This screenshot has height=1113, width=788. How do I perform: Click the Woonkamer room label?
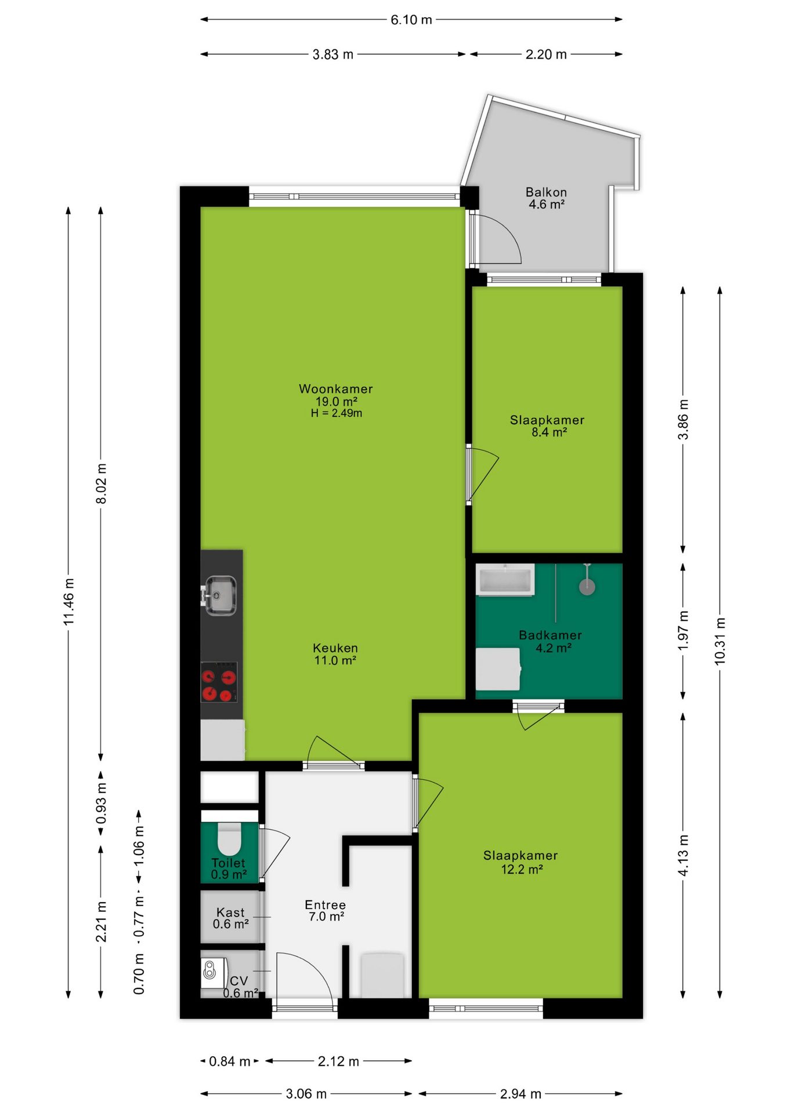point(335,389)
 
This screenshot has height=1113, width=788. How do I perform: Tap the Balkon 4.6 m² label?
point(546,198)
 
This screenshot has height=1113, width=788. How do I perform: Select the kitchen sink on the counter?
point(221,595)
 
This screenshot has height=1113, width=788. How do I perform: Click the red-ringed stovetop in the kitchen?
point(219,682)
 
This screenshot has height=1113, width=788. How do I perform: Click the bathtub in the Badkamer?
point(505,580)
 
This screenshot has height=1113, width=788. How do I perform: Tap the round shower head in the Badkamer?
point(587,587)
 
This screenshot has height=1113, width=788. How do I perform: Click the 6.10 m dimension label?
point(411,20)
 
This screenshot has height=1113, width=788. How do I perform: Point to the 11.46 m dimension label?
point(68,601)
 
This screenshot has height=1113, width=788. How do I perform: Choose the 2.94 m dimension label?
point(520,1094)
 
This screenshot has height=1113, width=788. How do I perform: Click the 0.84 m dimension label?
point(230,1061)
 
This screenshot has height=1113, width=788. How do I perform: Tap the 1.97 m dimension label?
point(684,630)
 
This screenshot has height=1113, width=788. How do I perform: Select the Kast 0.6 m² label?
point(230,918)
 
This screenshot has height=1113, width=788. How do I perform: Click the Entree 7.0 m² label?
point(325,911)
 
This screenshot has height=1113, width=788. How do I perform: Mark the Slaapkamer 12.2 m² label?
point(520,862)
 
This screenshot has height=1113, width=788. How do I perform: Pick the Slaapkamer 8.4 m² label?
point(547,426)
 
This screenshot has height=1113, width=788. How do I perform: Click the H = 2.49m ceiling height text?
point(337,413)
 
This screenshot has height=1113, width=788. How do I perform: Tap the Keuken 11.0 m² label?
point(335,654)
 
